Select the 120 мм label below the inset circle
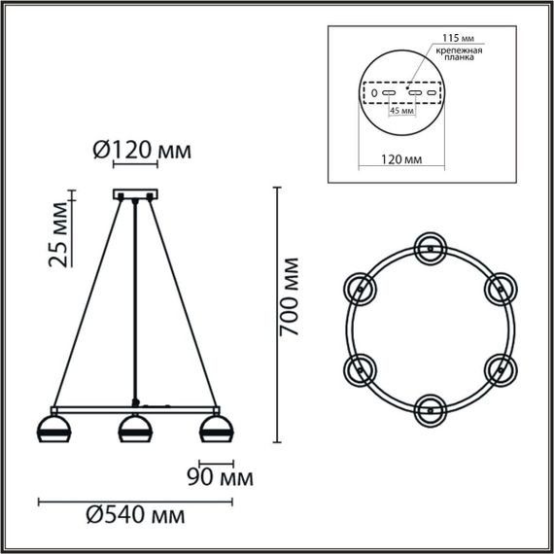(400, 156)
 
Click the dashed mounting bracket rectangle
(401, 93)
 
